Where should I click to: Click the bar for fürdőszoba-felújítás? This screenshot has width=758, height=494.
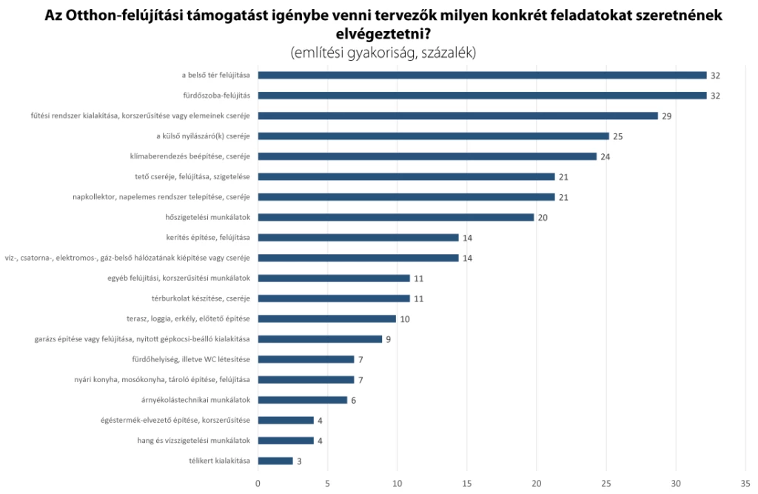coord(481,96)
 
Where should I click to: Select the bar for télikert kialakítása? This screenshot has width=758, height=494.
coord(275,461)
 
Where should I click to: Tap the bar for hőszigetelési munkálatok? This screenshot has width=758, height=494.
coord(396,217)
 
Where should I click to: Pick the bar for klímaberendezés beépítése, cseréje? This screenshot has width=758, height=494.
coord(427,156)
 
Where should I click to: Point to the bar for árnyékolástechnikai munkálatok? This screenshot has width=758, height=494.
coord(302,400)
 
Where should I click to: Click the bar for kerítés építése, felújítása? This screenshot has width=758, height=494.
coord(358,238)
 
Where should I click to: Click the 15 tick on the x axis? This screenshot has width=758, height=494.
coord(467,484)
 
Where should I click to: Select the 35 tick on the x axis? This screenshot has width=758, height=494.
coord(745,484)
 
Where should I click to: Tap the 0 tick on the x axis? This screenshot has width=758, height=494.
coord(258,484)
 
